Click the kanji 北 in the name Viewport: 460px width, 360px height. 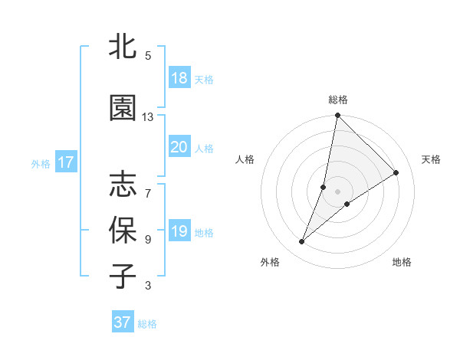(x=123, y=47)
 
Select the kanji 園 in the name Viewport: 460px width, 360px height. (x=123, y=108)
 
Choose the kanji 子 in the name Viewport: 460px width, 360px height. (x=123, y=276)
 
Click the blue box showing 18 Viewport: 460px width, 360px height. (x=179, y=78)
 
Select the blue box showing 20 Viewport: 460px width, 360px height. (x=179, y=147)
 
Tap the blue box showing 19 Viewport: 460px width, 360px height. (x=179, y=231)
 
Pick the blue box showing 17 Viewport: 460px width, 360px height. (x=65, y=162)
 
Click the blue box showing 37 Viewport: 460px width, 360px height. (x=123, y=322)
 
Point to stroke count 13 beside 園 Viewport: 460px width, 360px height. (x=148, y=117)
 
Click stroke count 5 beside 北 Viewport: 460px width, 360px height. (x=148, y=56)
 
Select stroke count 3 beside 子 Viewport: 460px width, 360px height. (x=148, y=286)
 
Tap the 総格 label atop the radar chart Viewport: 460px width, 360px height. (x=338, y=100)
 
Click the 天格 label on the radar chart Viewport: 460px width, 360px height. (x=431, y=159)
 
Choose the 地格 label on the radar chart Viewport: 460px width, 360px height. (x=402, y=262)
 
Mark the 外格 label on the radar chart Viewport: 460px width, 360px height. (x=270, y=262)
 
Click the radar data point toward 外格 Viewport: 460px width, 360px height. (x=302, y=242)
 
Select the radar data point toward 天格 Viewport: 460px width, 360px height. (x=396, y=172)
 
